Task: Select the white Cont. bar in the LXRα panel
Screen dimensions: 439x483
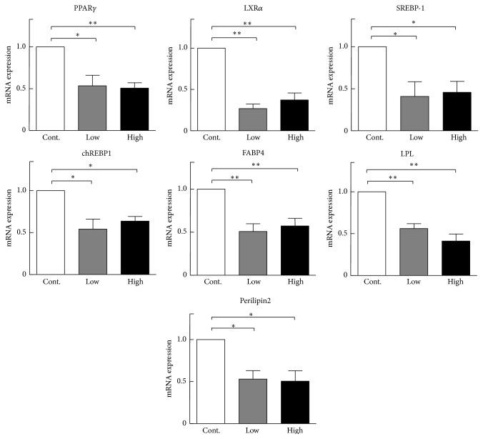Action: point(211,89)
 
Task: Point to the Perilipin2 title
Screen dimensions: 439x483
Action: point(240,301)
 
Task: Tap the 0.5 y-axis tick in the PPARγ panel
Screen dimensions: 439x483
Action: point(26,89)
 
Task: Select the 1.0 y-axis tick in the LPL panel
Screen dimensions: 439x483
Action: point(347,192)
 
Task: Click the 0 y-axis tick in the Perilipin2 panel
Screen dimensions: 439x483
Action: point(186,423)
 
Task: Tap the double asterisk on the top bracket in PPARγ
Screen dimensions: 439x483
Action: point(93,23)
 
